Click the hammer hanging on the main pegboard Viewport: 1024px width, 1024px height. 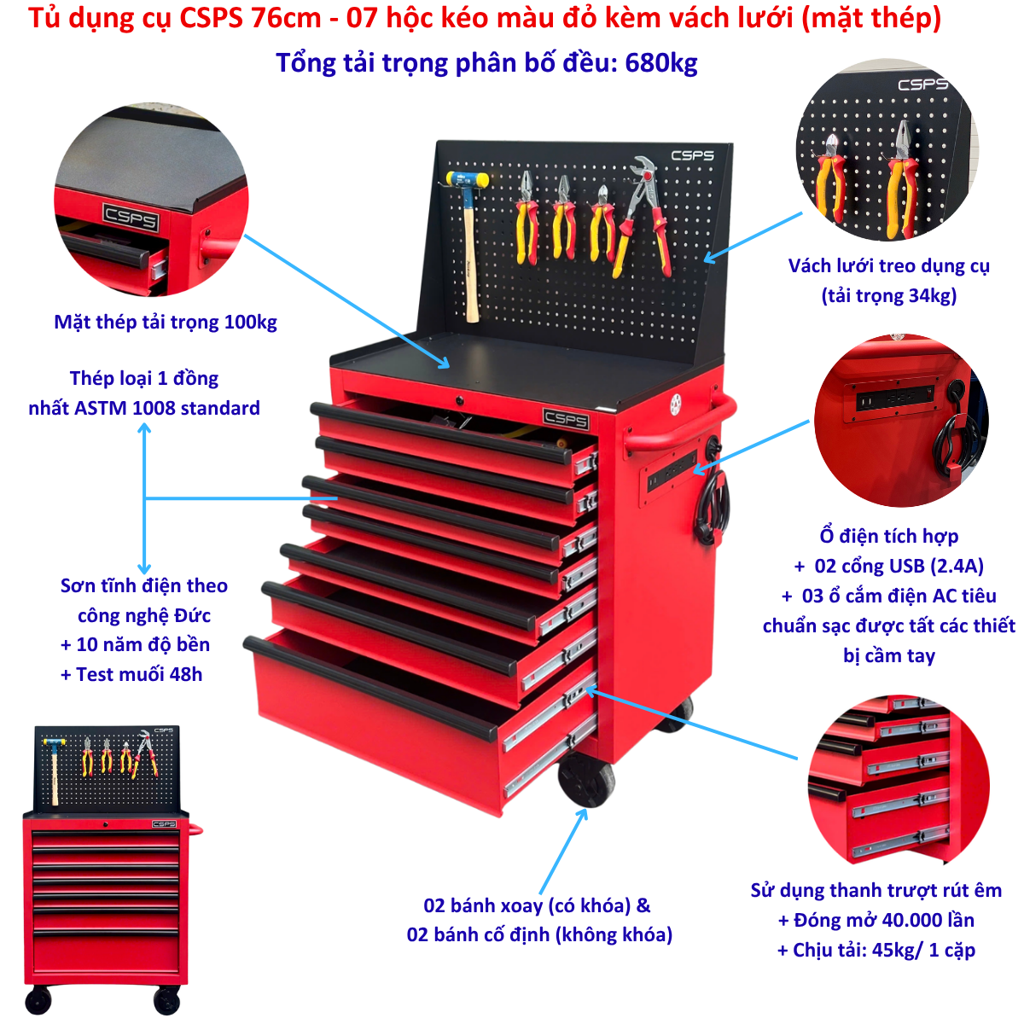tap(468, 244)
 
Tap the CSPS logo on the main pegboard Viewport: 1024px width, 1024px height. tap(692, 155)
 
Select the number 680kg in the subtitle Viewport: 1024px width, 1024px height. tap(660, 63)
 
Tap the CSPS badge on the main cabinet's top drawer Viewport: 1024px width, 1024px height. tap(566, 419)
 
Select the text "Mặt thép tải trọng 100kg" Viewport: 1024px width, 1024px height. tap(166, 323)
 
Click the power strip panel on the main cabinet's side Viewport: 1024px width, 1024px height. tap(672, 470)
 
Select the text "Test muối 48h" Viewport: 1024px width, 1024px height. tap(139, 674)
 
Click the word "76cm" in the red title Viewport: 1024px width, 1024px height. tap(287, 18)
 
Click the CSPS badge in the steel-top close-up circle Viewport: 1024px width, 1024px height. tap(131, 218)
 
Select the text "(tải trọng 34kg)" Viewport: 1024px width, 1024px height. tap(889, 295)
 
